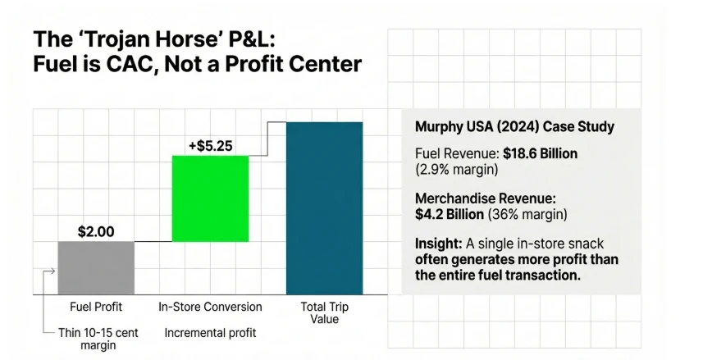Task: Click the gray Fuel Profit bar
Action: click(95, 267)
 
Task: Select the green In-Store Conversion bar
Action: click(210, 198)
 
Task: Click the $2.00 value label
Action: click(96, 231)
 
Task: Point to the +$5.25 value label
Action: click(210, 146)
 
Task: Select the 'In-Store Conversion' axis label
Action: click(210, 307)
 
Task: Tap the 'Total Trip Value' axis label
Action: click(323, 313)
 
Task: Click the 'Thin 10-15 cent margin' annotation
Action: click(93, 339)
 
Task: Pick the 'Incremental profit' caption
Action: click(210, 333)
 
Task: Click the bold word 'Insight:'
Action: click(441, 244)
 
